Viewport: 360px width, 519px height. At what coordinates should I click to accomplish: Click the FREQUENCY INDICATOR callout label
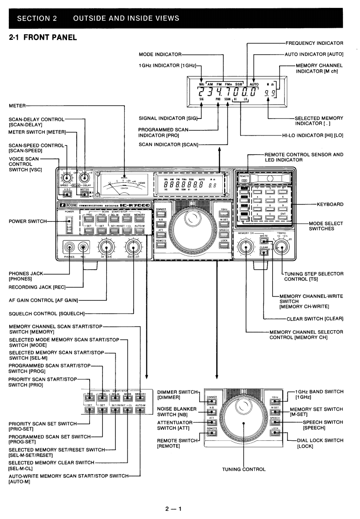tap(316, 43)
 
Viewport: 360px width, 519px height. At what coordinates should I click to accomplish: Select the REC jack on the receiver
tap(84, 246)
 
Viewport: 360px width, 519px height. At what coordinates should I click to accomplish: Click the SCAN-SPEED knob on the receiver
tap(68, 177)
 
